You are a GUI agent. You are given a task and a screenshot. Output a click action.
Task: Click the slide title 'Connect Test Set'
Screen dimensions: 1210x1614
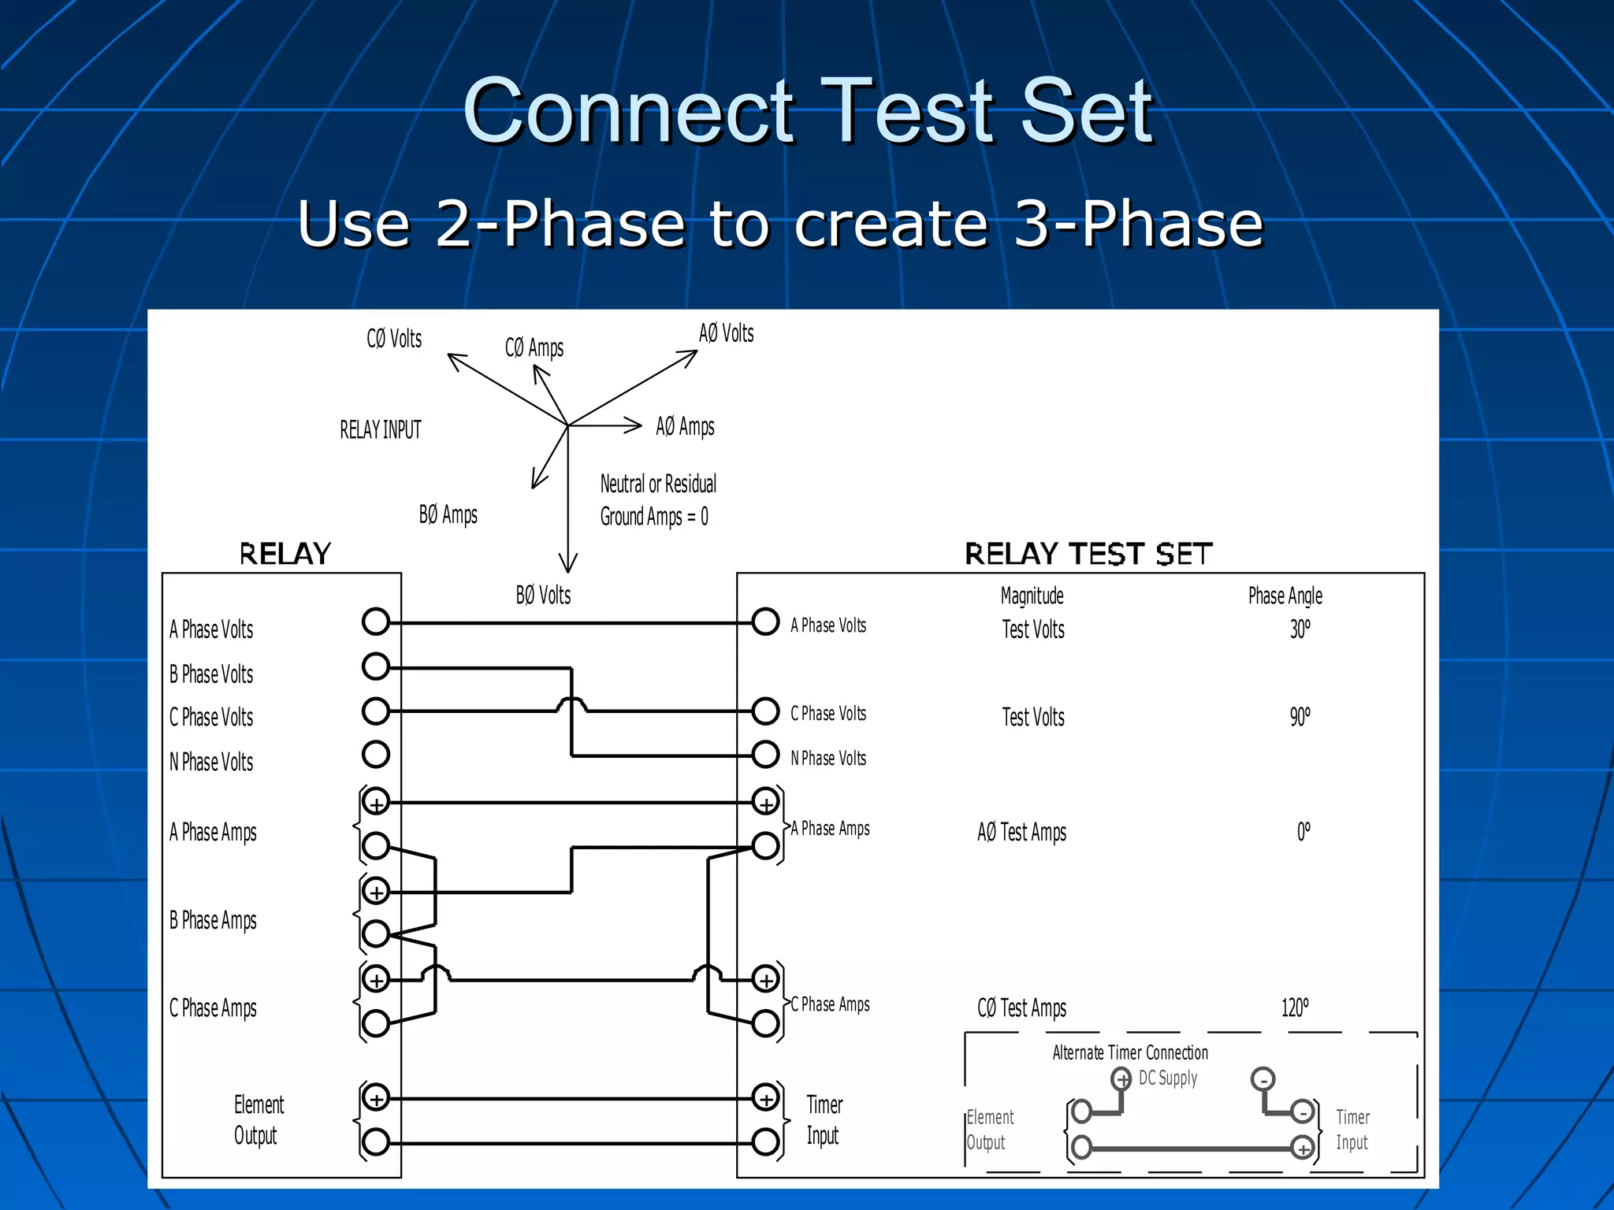pyautogui.click(x=808, y=112)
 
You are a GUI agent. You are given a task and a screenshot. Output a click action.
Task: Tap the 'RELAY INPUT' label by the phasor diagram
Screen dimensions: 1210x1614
pyautogui.click(x=381, y=430)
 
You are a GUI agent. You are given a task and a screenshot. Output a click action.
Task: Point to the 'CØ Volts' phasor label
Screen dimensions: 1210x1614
pyautogui.click(x=394, y=340)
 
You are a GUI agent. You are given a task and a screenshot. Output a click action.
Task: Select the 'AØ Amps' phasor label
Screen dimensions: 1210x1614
pyautogui.click(x=685, y=427)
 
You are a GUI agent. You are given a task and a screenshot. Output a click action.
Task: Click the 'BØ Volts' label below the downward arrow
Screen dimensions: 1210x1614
pyautogui.click(x=543, y=596)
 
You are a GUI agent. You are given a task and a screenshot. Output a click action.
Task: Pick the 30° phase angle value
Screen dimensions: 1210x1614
pyautogui.click(x=1300, y=629)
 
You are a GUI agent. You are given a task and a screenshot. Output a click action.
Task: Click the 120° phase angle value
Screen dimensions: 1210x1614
pyautogui.click(x=1295, y=1008)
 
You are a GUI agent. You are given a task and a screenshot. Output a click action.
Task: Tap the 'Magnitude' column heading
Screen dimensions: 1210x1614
pyautogui.click(x=1032, y=596)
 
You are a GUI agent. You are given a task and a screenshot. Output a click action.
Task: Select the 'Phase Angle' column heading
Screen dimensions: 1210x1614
pyautogui.click(x=1285, y=596)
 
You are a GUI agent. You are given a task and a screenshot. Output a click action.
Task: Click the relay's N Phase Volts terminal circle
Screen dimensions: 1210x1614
pyautogui.click(x=376, y=755)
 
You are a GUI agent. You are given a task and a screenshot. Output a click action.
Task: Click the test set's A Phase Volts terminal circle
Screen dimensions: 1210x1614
pyautogui.click(x=765, y=622)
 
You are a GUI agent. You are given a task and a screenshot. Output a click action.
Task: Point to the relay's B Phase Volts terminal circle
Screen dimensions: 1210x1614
pyautogui.click(x=376, y=666)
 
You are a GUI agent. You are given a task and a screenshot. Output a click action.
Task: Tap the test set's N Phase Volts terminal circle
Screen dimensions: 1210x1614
pyautogui.click(x=765, y=755)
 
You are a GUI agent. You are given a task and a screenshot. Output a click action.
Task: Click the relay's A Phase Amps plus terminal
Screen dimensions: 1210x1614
pyautogui.click(x=376, y=803)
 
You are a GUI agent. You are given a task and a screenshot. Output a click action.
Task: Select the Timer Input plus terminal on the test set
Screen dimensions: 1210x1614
pyautogui.click(x=765, y=1097)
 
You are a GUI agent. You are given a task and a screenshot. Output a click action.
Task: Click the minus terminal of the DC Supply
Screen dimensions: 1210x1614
pyautogui.click(x=1263, y=1079)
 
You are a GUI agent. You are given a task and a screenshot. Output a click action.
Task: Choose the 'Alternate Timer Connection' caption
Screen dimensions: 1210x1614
pyautogui.click(x=1129, y=1053)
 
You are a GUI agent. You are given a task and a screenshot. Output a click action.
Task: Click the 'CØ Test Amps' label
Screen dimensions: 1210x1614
pyautogui.click(x=1021, y=1008)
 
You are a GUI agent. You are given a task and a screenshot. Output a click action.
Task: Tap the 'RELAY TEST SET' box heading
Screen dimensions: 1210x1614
pyautogui.click(x=1088, y=555)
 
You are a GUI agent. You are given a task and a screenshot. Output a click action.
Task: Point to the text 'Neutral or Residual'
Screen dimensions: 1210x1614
pyautogui.click(x=658, y=484)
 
